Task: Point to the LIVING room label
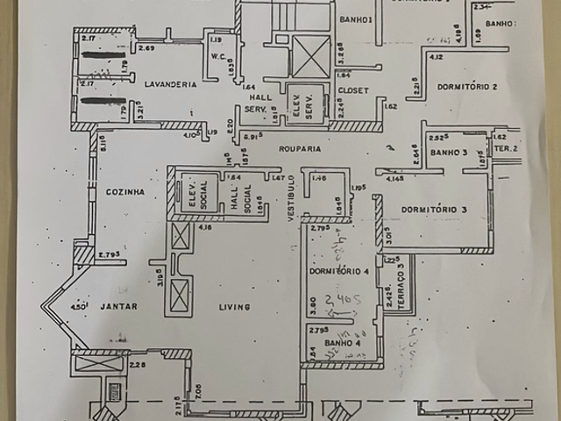point(235,307)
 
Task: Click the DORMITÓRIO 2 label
point(470,87)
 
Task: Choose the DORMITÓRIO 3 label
point(434,210)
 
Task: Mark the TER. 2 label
point(505,149)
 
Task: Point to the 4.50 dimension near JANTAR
point(82,306)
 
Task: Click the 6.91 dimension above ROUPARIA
point(253,137)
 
